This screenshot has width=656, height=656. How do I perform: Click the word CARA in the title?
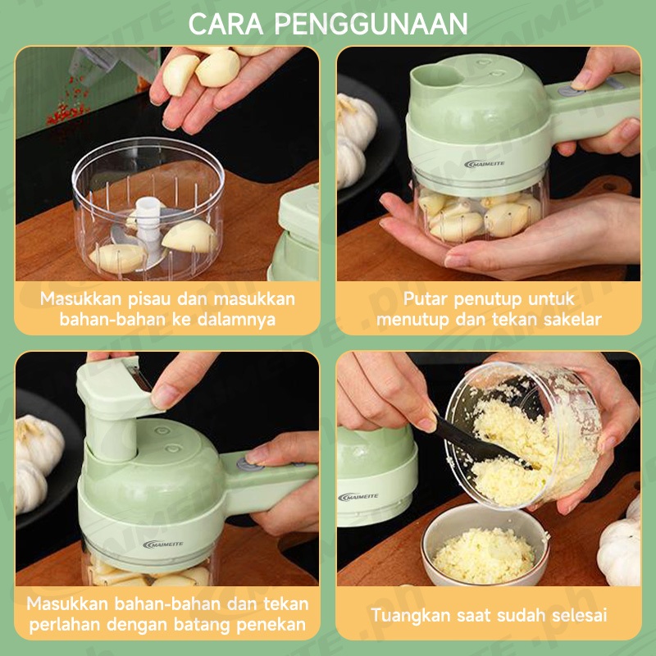pos(226,25)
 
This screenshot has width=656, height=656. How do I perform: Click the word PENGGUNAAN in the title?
pos(371,25)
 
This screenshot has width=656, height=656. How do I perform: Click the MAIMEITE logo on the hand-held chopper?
pos(484,163)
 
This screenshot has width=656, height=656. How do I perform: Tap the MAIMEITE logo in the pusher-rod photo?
pos(162,544)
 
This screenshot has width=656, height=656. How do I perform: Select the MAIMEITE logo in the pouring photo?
pos(358,497)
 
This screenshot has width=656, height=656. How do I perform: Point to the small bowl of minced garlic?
pos(485,545)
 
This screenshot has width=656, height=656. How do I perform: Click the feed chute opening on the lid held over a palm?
pos(437,78)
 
